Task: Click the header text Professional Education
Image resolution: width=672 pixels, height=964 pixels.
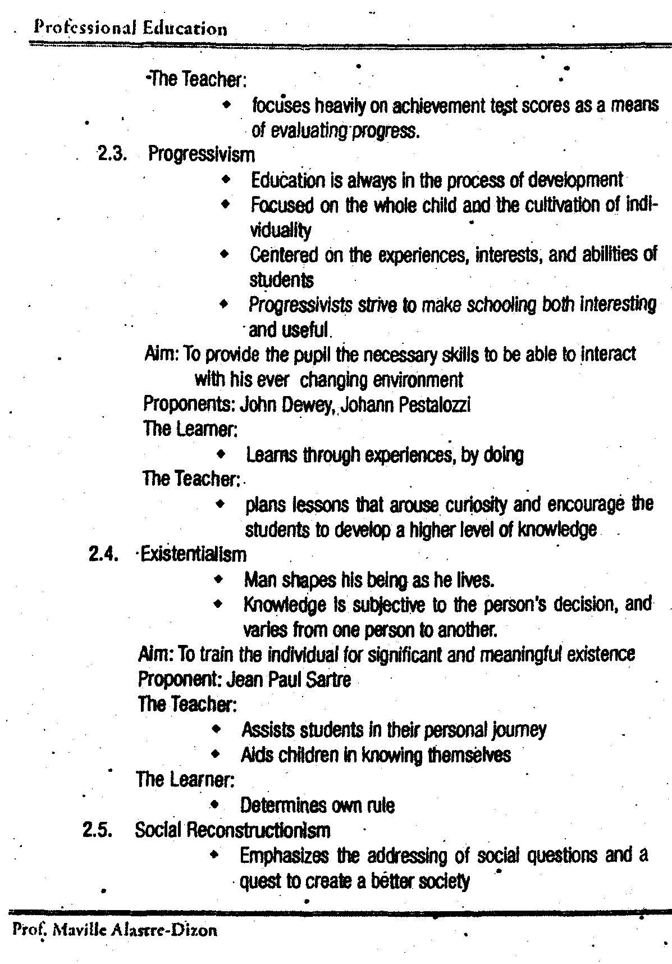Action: click(x=130, y=28)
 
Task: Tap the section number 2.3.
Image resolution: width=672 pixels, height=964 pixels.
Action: click(x=111, y=153)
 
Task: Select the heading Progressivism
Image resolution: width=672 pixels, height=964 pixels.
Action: click(x=201, y=154)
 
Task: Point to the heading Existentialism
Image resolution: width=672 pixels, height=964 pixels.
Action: click(x=194, y=555)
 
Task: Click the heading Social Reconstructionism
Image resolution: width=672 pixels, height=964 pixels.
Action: click(x=232, y=830)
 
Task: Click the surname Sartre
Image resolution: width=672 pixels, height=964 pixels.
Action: click(x=330, y=680)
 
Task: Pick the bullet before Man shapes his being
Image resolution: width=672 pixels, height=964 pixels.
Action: click(x=218, y=579)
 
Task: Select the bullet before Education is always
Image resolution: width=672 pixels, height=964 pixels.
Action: click(x=226, y=180)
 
